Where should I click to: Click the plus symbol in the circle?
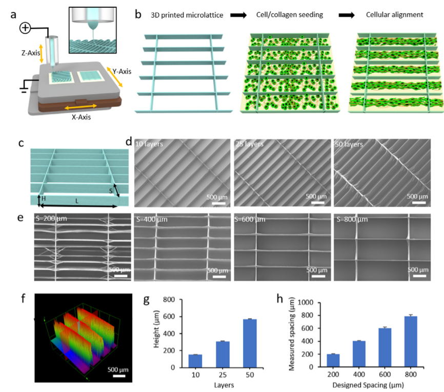click(25, 28)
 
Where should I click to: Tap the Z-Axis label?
click(31, 53)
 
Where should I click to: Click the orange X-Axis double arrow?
click(80, 107)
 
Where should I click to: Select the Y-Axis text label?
click(122, 71)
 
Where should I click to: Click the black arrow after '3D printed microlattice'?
click(238, 15)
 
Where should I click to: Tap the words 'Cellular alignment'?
click(394, 15)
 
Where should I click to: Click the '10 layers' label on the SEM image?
click(149, 144)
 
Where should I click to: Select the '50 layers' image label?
click(349, 144)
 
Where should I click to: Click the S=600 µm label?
click(250, 220)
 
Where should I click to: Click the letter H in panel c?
click(44, 199)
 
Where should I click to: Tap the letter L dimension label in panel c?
click(77, 201)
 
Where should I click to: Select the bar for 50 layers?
click(250, 344)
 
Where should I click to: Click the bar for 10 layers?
click(195, 361)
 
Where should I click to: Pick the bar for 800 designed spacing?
click(411, 342)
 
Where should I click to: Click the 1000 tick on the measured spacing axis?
click(306, 302)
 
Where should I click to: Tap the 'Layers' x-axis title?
click(224, 385)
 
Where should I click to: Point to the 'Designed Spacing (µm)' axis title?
click(368, 385)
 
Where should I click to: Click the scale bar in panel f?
click(119, 376)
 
